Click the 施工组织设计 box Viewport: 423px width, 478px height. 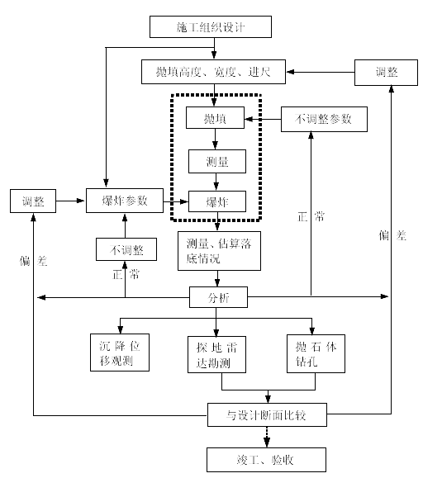click(x=211, y=26)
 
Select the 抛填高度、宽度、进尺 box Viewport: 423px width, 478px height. click(x=213, y=72)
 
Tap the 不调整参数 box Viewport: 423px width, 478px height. click(x=324, y=119)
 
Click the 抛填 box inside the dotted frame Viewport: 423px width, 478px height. click(x=215, y=117)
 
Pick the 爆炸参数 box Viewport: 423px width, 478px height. click(x=125, y=201)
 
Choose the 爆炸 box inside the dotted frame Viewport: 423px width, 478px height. click(x=217, y=201)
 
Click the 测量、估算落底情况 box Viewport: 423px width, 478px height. click(x=219, y=251)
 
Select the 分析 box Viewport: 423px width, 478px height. click(x=218, y=297)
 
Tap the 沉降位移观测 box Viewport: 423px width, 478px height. click(x=120, y=353)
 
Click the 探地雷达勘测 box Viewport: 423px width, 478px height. click(x=216, y=354)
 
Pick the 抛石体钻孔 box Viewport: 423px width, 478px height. click(x=316, y=353)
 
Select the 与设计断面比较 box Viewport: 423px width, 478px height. click(x=267, y=414)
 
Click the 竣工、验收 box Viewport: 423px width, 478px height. click(x=266, y=459)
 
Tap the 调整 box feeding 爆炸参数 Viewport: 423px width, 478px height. click(x=33, y=201)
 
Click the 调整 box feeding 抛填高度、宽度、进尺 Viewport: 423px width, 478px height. click(x=386, y=73)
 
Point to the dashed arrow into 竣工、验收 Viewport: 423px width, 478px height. click(x=267, y=437)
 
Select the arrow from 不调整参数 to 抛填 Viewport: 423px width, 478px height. click(x=263, y=119)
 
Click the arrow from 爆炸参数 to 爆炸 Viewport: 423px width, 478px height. click(x=176, y=201)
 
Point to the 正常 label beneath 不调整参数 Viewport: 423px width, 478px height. click(x=311, y=216)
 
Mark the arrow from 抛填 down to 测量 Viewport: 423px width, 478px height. click(x=215, y=139)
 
